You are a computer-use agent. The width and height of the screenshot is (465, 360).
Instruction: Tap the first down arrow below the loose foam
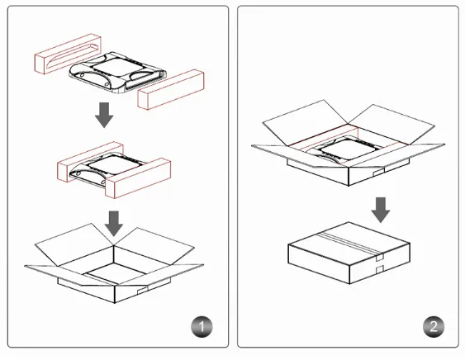click(104, 116)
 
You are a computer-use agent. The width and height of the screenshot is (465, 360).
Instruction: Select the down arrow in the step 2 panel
click(380, 209)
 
